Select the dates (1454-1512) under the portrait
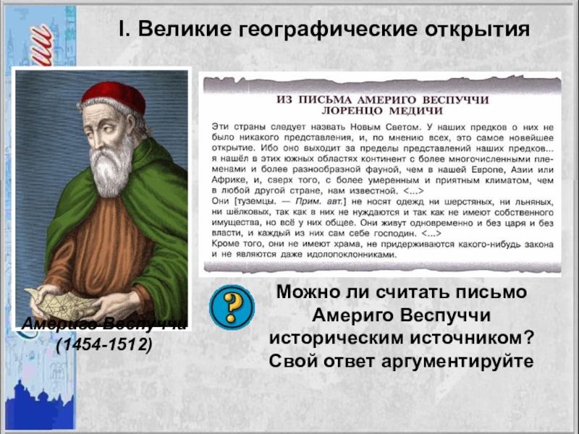[104, 345]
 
